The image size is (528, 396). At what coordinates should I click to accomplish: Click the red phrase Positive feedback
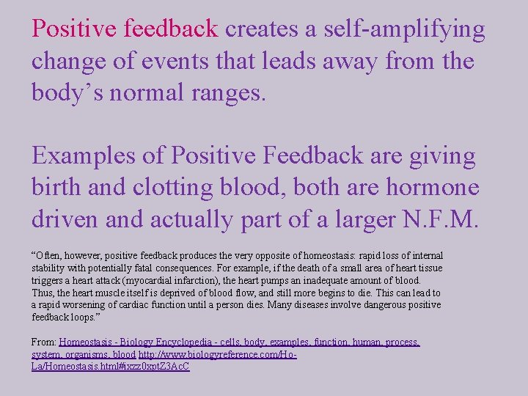point(125,29)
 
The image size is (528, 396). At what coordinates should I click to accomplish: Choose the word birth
point(56,188)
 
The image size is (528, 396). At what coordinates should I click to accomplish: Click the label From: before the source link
point(44,342)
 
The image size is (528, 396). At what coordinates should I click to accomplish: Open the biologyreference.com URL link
point(217,354)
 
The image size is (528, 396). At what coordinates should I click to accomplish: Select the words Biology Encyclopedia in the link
point(158,342)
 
